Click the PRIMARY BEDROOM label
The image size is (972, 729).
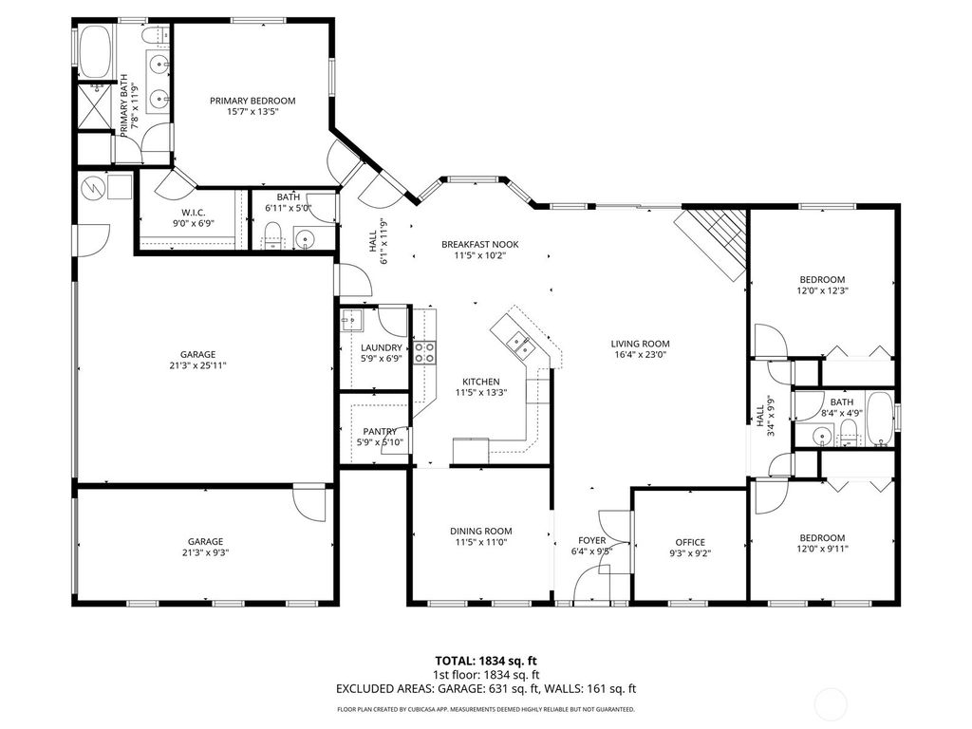pos(252,101)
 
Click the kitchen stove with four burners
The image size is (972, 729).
pos(424,353)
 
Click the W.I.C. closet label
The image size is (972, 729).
pos(194,212)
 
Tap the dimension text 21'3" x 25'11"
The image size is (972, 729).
pos(199,365)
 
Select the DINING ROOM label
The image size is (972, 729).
pos(480,532)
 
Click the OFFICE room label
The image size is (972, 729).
pos(690,543)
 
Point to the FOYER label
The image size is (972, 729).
pos(590,540)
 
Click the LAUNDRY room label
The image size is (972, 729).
pos(381,347)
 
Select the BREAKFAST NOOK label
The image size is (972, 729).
pos(479,244)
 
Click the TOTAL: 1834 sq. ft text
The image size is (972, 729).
pos(485,661)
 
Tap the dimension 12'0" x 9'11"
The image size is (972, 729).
pos(822,549)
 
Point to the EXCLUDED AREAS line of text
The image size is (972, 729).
pos(485,689)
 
